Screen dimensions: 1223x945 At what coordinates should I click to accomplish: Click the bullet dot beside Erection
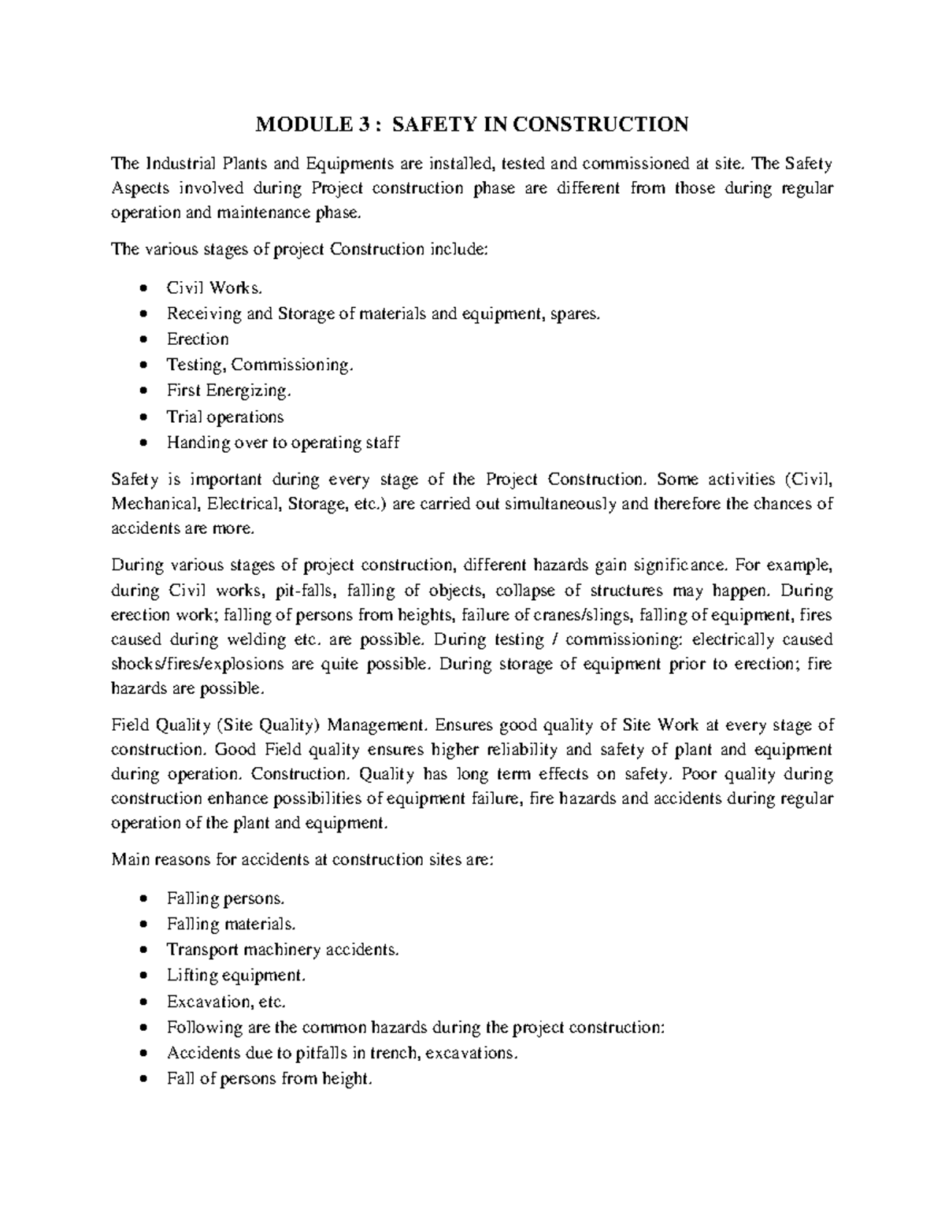(x=142, y=340)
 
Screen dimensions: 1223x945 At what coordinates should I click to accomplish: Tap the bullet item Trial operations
(x=224, y=417)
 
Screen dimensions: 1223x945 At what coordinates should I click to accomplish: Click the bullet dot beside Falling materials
(x=142, y=925)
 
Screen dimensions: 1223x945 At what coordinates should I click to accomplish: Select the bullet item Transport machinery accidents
(x=283, y=950)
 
